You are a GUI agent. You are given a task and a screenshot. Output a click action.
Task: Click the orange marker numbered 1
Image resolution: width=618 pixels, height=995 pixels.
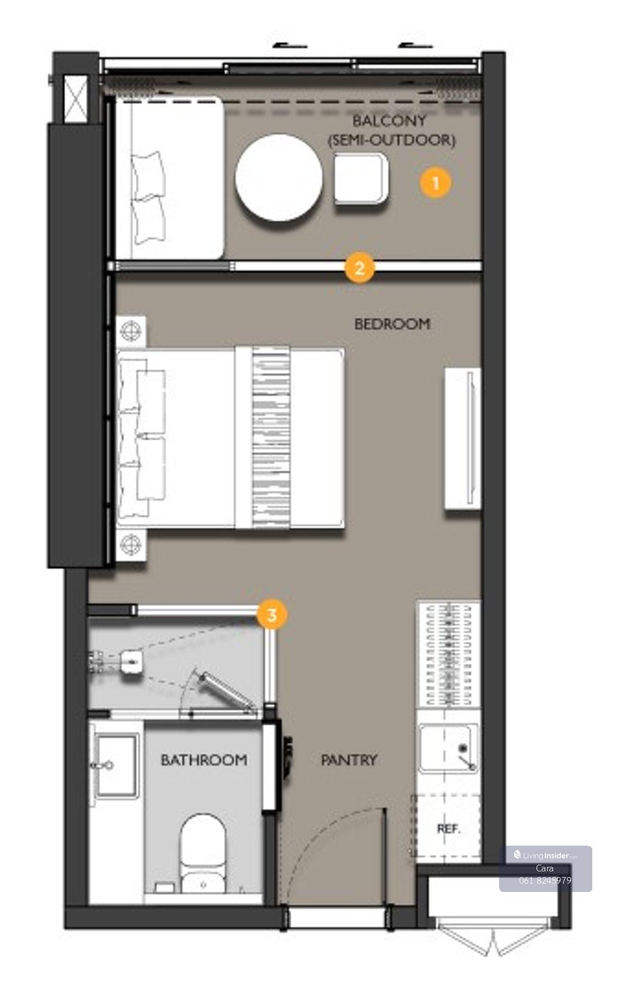coord(435,183)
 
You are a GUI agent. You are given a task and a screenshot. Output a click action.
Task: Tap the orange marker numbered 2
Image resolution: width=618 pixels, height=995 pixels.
coord(359,268)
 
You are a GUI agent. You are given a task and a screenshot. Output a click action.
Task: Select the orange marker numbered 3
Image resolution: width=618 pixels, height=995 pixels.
coord(271,614)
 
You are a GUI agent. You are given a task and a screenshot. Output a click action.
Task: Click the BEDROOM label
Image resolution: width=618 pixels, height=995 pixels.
coord(392,324)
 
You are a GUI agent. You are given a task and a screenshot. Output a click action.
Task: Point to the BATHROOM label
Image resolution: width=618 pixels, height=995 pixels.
coord(204,760)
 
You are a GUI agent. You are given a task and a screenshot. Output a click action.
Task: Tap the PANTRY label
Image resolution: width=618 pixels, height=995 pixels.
coord(349,760)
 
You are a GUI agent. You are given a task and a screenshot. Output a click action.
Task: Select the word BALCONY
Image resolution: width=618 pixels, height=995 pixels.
coord(390,121)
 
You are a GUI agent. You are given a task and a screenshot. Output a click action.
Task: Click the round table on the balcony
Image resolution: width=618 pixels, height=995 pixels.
coord(279,178)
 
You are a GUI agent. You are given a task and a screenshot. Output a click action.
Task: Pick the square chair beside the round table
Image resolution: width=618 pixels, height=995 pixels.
coord(361,178)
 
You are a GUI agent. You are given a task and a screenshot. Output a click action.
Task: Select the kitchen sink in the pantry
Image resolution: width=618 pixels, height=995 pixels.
coord(448,748)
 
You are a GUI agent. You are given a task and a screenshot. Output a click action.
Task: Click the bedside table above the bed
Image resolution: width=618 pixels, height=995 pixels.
coord(132,330)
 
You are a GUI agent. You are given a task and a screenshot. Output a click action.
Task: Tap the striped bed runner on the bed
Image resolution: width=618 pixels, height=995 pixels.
coord(270,438)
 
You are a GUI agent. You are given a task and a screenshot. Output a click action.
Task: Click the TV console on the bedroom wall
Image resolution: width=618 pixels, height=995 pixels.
coord(463,439)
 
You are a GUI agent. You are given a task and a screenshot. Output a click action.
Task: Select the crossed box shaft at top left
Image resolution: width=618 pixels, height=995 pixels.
coord(76,99)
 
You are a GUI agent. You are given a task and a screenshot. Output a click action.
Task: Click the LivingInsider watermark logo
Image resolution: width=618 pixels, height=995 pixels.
coord(545,855)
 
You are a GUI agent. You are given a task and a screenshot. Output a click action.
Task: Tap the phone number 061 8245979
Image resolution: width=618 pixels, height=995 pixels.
coord(545,880)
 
